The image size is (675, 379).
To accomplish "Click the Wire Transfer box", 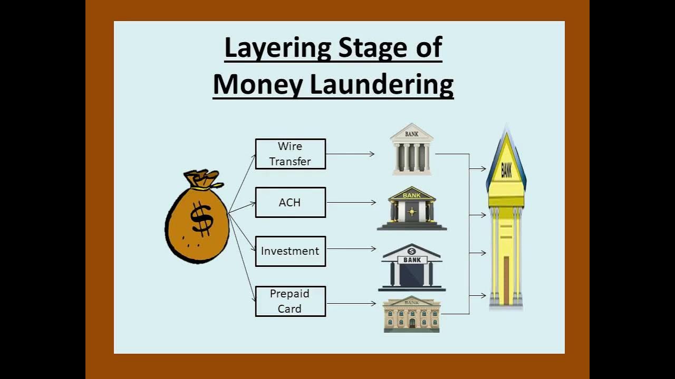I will tap(290, 154).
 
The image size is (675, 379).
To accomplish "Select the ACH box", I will tap(290, 202).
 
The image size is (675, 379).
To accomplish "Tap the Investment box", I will tap(290, 251).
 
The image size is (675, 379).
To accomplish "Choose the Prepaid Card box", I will tap(290, 301).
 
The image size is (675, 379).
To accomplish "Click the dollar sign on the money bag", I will tap(201, 218).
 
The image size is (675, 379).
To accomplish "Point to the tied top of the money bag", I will tap(202, 179).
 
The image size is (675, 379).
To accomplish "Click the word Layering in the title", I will tap(278, 48).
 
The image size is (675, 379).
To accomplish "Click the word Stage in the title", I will tap(372, 48).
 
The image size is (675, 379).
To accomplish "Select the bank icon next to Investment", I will tap(412, 267).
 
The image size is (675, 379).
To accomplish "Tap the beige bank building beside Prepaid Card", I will tap(411, 314).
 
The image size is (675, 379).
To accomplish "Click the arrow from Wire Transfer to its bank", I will tap(350, 154).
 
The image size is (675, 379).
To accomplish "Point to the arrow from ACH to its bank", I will tap(351, 202).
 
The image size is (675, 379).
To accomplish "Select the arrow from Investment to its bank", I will tap(351, 249).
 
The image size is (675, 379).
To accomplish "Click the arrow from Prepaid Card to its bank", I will tap(351, 303).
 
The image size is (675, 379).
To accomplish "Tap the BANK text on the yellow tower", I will tap(506, 169).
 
